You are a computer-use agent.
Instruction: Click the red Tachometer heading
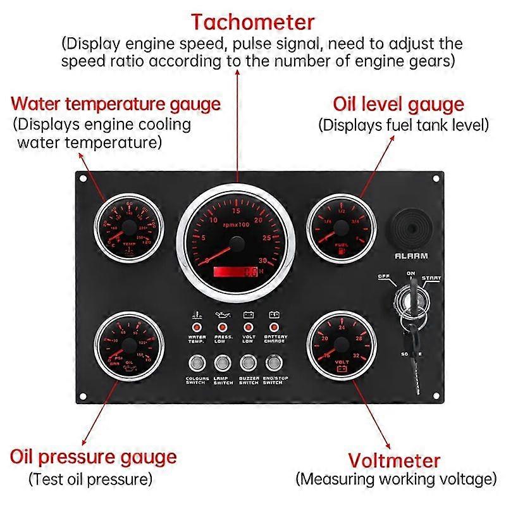253,23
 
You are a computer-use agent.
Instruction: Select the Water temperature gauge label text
116,103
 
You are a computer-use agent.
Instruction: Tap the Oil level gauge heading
398,104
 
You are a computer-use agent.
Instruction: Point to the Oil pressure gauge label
93,456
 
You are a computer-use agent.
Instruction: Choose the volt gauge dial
339,345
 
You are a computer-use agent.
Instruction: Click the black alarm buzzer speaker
410,228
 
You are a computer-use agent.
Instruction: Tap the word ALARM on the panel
411,256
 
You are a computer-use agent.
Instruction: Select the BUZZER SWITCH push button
248,363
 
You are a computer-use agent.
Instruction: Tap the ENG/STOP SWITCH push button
274,363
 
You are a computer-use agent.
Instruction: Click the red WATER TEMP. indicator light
197,327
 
